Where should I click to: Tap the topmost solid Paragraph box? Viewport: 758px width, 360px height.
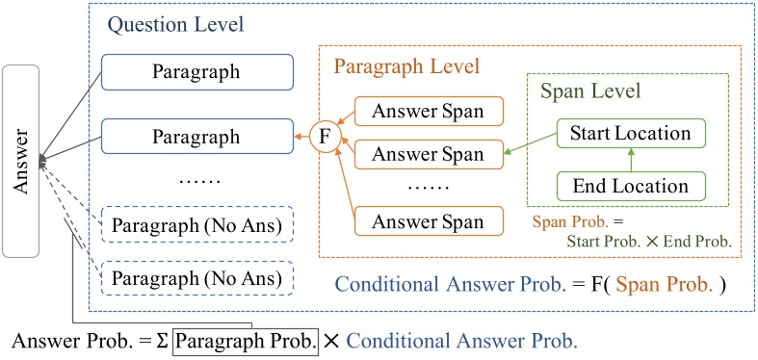tap(196, 71)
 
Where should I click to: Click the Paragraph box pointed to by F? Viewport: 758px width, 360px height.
tap(196, 137)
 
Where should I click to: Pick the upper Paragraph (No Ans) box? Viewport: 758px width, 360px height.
tap(196, 225)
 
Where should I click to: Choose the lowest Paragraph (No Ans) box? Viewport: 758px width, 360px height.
tap(196, 278)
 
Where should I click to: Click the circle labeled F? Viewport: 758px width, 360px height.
tap(325, 137)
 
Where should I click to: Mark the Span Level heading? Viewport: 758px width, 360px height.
tap(590, 94)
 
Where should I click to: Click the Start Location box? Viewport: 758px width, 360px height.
tap(630, 133)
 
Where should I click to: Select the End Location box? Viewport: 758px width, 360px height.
tap(630, 185)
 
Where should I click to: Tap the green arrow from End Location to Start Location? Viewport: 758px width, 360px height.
tap(630, 159)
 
